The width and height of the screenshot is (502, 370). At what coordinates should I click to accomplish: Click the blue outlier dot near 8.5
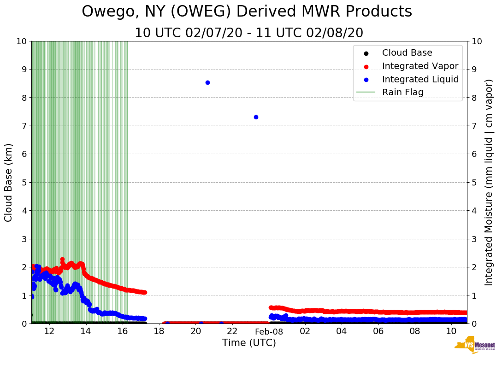click(207, 82)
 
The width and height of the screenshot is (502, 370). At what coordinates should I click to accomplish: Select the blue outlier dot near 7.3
click(256, 117)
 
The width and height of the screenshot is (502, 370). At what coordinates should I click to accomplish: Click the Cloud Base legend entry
click(407, 53)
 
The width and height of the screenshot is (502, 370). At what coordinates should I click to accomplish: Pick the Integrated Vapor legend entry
click(420, 66)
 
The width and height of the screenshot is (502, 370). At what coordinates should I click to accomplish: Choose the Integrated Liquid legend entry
click(420, 79)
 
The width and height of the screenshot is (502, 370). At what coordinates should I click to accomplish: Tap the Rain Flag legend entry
click(402, 92)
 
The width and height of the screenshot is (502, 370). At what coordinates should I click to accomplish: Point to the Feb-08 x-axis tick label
click(269, 331)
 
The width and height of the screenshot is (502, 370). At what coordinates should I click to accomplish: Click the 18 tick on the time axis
click(159, 331)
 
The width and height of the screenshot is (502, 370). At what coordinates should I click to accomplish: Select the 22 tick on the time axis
click(232, 331)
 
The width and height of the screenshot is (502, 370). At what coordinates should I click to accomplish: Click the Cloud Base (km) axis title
click(9, 182)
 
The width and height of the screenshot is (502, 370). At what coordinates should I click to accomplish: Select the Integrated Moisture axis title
click(489, 182)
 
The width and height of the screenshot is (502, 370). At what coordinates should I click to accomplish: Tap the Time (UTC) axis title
click(249, 343)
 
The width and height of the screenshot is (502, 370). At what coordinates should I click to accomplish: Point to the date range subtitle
click(249, 33)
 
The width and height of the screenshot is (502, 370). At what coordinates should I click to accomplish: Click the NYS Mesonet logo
click(474, 346)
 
